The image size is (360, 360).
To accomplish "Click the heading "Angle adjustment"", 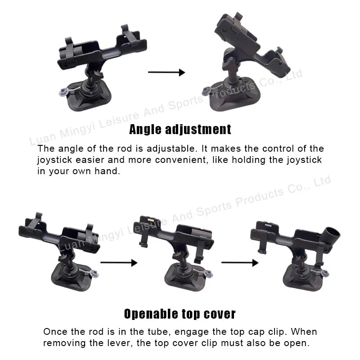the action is point(180,130).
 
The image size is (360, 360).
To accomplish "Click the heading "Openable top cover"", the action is point(180,314).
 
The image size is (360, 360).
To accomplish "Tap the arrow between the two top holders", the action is point(166,72).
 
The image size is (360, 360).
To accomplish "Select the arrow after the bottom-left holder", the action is point(119,262).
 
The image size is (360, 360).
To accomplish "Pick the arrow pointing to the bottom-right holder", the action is point(240,262).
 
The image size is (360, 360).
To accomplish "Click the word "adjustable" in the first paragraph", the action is point(172,149).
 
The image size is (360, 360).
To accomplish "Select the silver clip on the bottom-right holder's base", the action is point(325,273).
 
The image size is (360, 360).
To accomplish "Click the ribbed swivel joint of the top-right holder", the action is point(230,58).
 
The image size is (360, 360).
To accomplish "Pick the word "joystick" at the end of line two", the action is point(305,160).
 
